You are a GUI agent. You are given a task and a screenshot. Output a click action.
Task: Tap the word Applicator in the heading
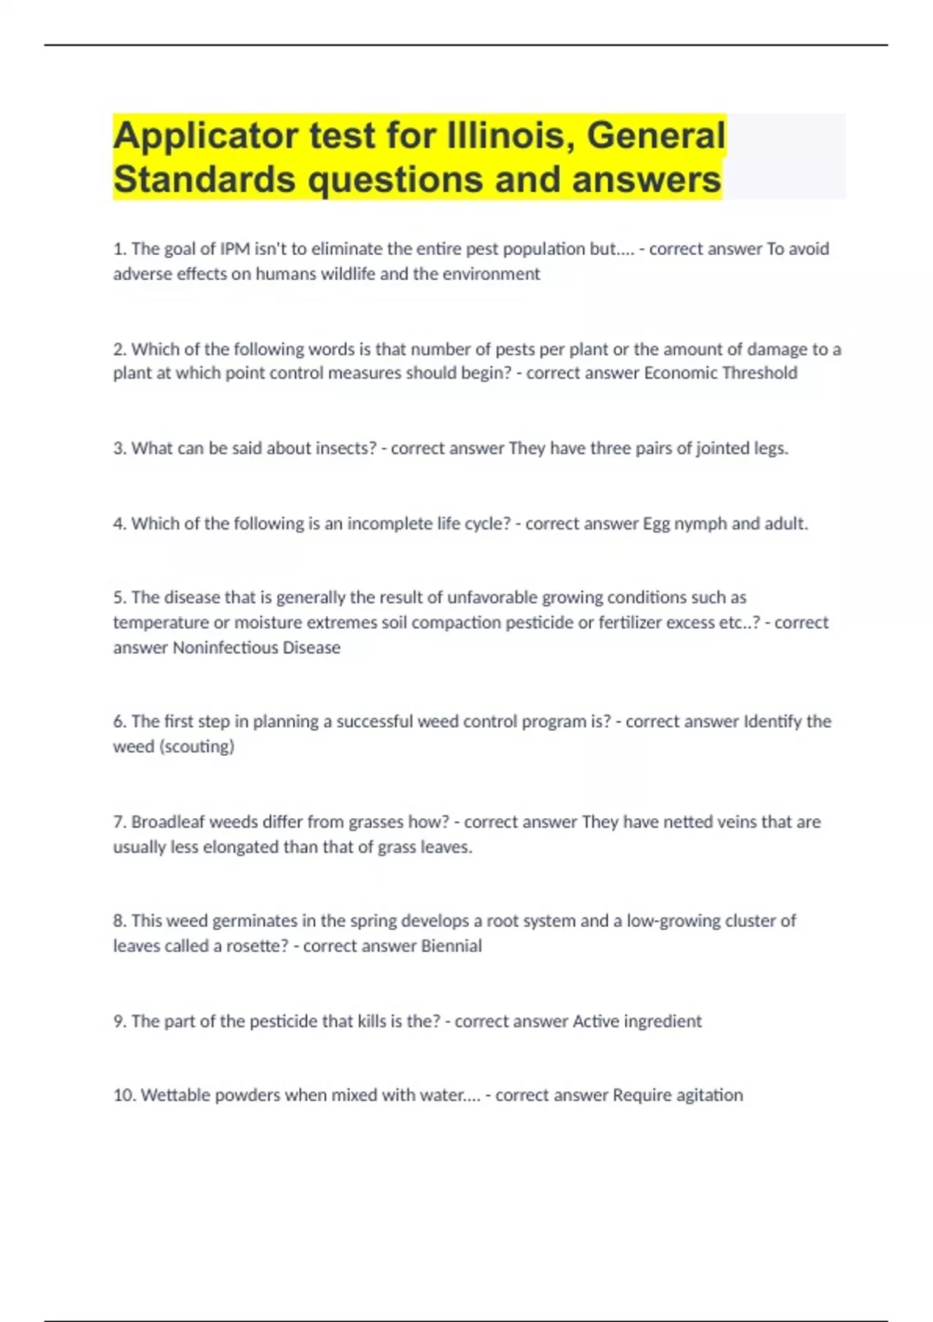click(x=205, y=135)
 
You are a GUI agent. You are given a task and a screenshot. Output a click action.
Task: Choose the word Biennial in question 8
click(x=451, y=946)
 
